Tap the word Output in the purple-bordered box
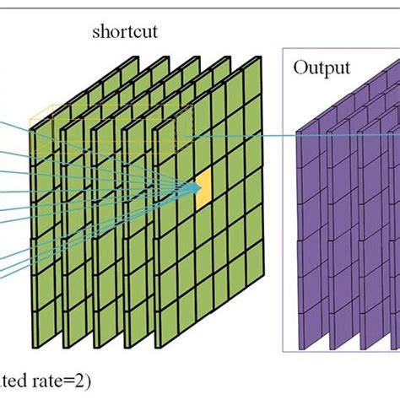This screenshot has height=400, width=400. click(x=321, y=68)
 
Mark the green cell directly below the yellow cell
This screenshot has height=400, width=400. click(x=203, y=219)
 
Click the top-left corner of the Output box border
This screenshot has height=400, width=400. click(x=283, y=48)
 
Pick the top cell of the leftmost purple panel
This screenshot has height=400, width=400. click(x=311, y=143)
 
